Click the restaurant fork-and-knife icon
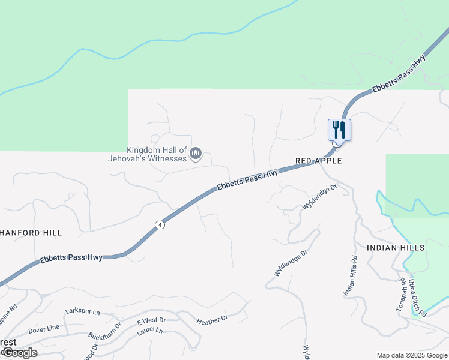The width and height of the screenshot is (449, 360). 339,130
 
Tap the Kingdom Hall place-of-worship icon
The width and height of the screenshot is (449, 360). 195,155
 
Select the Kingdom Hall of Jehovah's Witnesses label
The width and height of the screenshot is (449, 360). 157,154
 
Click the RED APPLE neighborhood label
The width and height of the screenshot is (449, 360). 319,161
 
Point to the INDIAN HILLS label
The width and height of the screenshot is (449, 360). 396,247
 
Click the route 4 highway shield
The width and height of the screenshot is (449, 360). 159,225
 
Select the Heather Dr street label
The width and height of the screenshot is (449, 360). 212,321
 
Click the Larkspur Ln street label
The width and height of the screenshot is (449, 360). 82,313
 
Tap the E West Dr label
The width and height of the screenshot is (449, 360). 151,320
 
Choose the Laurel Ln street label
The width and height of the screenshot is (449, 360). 150,331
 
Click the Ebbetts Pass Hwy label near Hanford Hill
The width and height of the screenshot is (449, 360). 71,259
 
